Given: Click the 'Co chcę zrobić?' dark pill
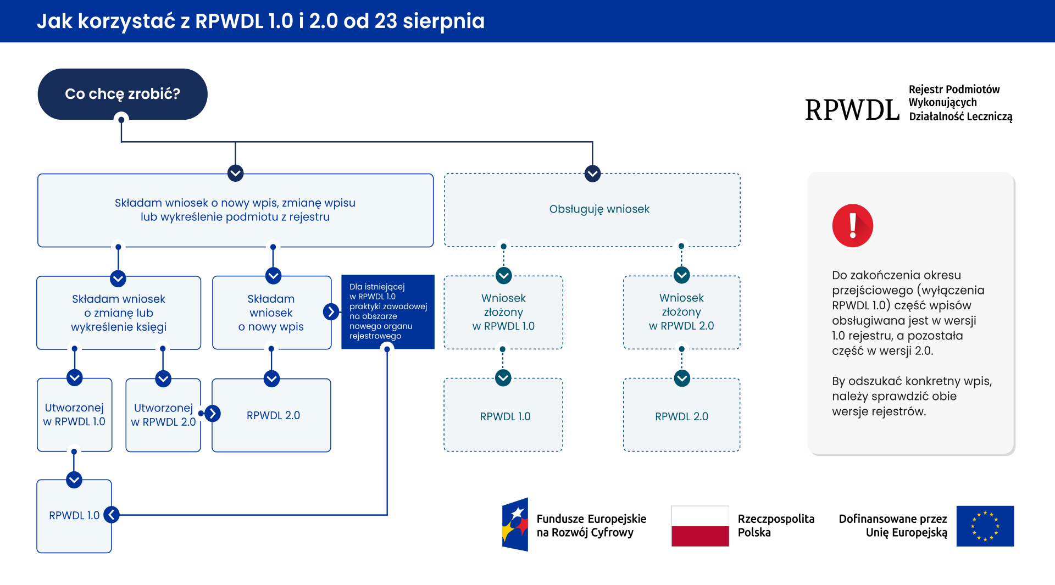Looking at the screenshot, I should (122, 94).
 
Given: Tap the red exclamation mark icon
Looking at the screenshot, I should (852, 226).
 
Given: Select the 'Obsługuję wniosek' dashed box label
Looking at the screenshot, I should (599, 209).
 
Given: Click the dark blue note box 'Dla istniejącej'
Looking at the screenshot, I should (387, 311).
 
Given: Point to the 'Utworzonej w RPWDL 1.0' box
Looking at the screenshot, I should (74, 415).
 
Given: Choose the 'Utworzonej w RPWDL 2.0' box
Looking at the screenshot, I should (163, 415).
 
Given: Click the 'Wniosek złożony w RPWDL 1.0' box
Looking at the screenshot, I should (503, 312).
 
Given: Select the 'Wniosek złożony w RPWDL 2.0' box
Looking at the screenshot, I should (681, 312).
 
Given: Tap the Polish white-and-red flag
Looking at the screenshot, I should (700, 526).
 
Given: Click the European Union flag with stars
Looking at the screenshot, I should (985, 526).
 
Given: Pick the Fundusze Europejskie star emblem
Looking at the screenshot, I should (515, 525).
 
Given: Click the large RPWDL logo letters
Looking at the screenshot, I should (852, 110).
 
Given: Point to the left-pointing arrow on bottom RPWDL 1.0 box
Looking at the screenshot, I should (112, 515).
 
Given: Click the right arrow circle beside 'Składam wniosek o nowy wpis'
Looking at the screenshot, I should (331, 312).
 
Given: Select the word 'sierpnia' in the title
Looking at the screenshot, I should (443, 21).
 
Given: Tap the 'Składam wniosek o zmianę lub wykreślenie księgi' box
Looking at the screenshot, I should (119, 313).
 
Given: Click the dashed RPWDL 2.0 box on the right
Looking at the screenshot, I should (681, 416).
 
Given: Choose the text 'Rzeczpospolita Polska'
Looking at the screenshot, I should (775, 526).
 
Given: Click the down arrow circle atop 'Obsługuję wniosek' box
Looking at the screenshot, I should (592, 174).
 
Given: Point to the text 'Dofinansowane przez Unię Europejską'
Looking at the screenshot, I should (893, 526).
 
